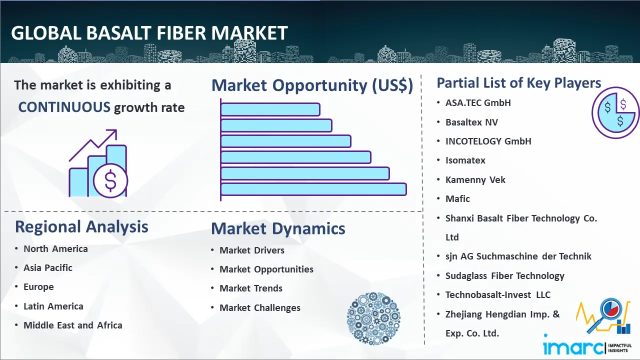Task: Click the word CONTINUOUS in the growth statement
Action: point(64,107)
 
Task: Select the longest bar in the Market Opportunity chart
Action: point(313,189)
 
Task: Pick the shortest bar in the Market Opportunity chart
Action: point(270,109)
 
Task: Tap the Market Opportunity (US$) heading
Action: point(312,85)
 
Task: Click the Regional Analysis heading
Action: point(81,227)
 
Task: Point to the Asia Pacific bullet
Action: point(48,267)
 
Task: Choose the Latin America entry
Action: point(53,306)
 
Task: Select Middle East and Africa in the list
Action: point(73,325)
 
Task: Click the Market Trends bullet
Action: point(251,288)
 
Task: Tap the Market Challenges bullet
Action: point(260,307)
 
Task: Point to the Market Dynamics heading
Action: point(278,228)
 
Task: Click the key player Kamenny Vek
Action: point(475,179)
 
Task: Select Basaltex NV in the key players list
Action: point(471,122)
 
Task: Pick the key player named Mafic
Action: point(457,199)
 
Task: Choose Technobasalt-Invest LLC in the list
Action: point(498,294)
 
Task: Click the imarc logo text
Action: point(573,346)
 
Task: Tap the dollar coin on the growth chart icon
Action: point(110,181)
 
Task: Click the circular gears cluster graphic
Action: point(373,318)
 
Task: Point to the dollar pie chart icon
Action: point(615,113)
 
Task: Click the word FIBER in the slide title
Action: point(181,33)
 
